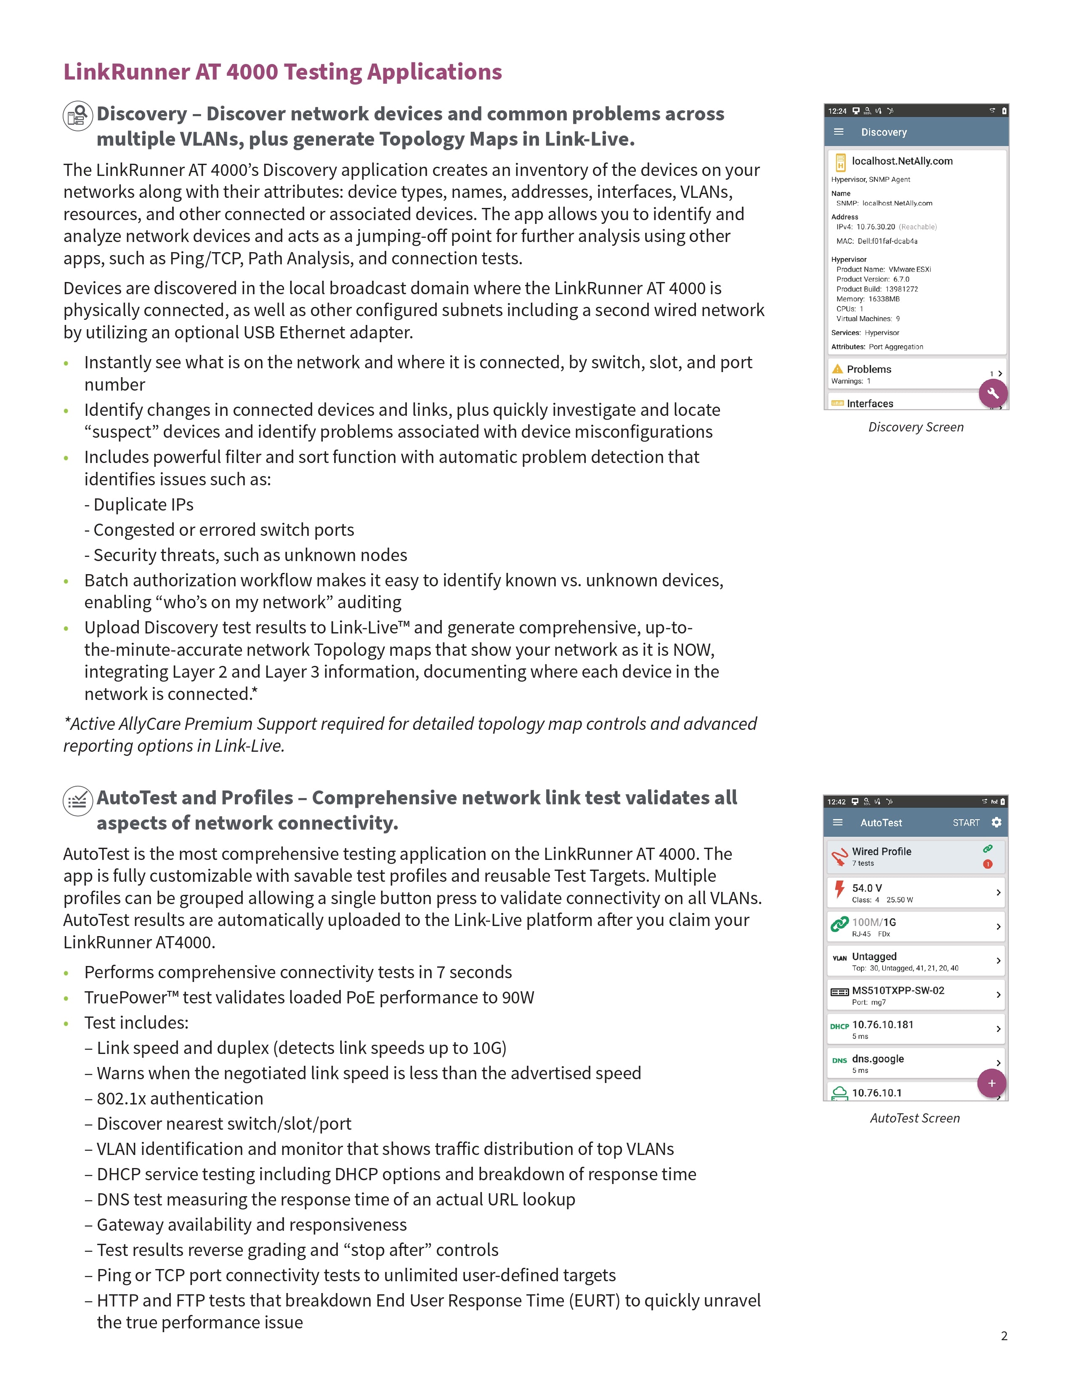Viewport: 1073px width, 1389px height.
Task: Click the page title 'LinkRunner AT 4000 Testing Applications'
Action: tap(282, 72)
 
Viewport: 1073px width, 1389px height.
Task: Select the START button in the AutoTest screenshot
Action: tap(966, 823)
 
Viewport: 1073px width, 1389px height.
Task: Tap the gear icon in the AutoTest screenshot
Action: tap(996, 822)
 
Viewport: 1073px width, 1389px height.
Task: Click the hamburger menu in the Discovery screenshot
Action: tap(839, 132)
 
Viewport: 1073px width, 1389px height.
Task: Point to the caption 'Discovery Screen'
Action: tap(915, 427)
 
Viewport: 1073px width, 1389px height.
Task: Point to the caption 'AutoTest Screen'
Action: tap(915, 1118)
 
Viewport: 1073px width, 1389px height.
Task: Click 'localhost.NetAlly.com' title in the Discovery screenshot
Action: tap(902, 161)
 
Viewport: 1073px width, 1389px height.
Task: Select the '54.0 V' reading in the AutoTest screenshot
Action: tap(866, 888)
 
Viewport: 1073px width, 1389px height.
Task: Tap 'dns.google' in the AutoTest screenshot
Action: tap(877, 1058)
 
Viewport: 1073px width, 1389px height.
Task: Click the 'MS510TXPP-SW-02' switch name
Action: tap(898, 990)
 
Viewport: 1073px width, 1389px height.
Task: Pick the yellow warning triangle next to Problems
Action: tap(837, 369)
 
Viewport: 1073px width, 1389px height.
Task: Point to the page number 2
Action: tap(1004, 1336)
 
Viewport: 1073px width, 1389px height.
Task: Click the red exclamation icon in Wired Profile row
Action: tap(987, 864)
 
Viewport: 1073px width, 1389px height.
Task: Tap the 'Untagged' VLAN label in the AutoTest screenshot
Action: tap(874, 956)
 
